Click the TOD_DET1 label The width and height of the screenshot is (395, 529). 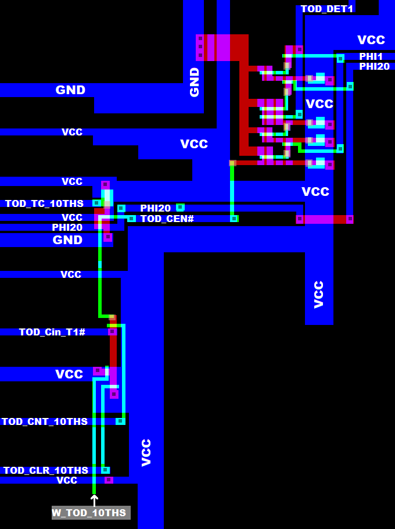click(x=326, y=9)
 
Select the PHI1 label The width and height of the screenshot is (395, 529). click(x=371, y=56)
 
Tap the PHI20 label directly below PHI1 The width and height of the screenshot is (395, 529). click(x=374, y=66)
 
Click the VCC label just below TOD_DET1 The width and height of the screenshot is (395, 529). click(x=371, y=40)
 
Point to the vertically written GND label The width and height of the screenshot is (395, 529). click(x=195, y=81)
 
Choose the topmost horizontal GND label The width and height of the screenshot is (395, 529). click(x=70, y=90)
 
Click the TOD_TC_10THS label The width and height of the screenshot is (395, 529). click(x=44, y=203)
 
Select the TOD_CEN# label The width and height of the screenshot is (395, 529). click(x=167, y=219)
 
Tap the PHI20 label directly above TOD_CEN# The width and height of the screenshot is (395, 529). click(x=155, y=208)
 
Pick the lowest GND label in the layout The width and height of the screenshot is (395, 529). click(x=67, y=240)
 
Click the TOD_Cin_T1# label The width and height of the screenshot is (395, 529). click(x=52, y=332)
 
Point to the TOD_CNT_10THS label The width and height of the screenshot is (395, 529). click(x=44, y=421)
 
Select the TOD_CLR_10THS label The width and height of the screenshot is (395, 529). click(x=45, y=470)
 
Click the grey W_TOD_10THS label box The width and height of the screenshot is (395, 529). click(x=90, y=513)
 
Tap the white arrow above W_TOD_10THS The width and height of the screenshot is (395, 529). click(x=94, y=500)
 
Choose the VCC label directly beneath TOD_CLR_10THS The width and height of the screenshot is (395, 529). click(x=67, y=480)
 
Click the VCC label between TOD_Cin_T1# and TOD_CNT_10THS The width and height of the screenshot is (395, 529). click(x=69, y=374)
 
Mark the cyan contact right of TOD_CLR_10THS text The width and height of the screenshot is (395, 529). click(x=105, y=470)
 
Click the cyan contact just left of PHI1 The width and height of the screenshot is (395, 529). click(x=340, y=58)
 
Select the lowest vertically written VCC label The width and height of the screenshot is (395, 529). click(x=146, y=452)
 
